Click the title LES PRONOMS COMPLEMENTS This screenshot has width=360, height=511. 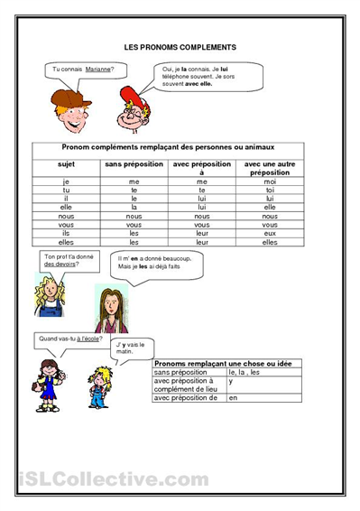pos(180,46)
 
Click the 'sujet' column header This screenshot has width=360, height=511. pos(67,164)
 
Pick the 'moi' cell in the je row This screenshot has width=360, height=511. pos(270,181)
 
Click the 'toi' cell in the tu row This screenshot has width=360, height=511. pos(270,190)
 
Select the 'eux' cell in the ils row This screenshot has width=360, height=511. pos(270,233)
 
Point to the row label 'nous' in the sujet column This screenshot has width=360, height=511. pos(67,216)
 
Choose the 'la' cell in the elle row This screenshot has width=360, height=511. pos(134,208)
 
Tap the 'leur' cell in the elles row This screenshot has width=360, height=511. pos(203,242)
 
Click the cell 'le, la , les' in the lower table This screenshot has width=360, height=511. pos(245,372)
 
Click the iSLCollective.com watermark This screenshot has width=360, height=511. pos(112,479)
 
